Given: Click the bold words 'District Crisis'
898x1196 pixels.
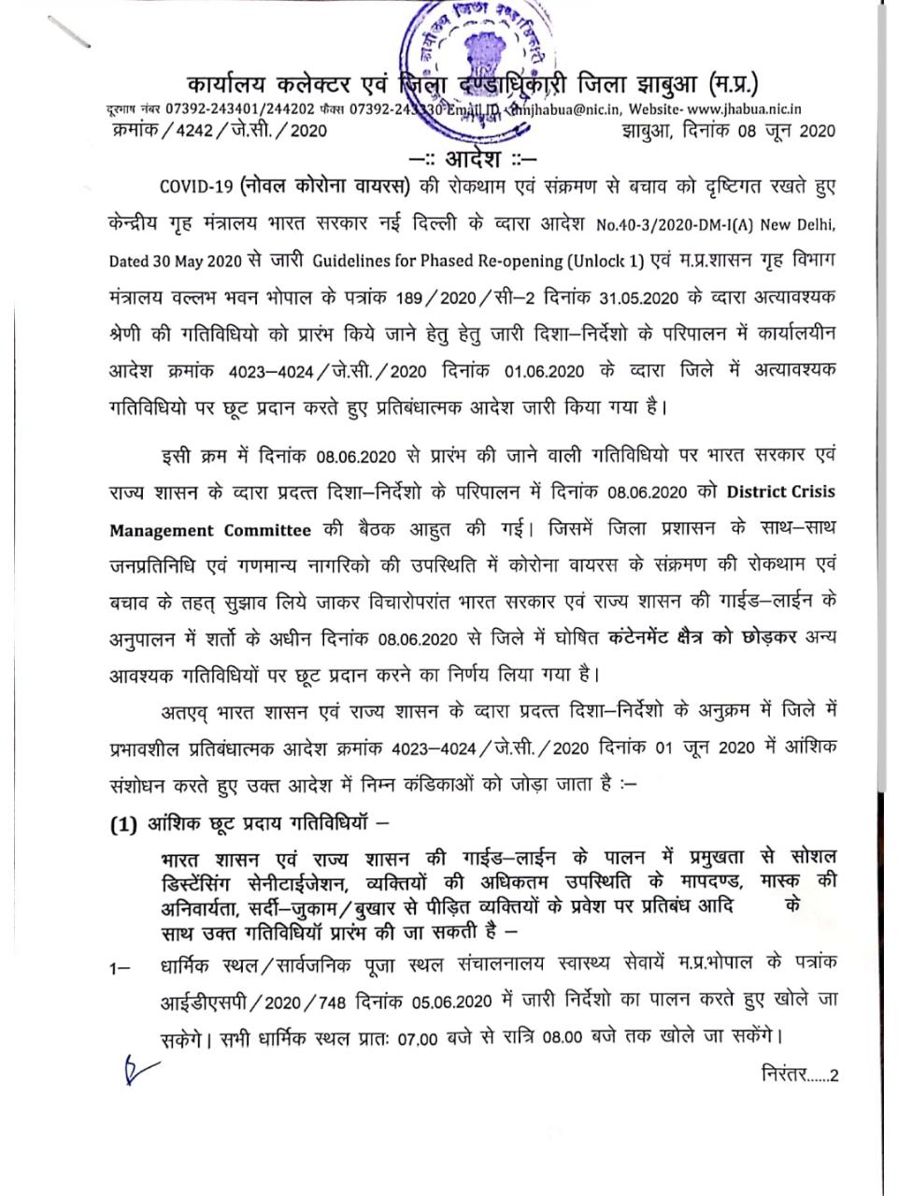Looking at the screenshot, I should pos(781,491).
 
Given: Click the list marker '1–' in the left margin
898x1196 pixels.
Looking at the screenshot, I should pos(120,963).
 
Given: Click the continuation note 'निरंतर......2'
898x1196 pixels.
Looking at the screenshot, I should pos(800,1075).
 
